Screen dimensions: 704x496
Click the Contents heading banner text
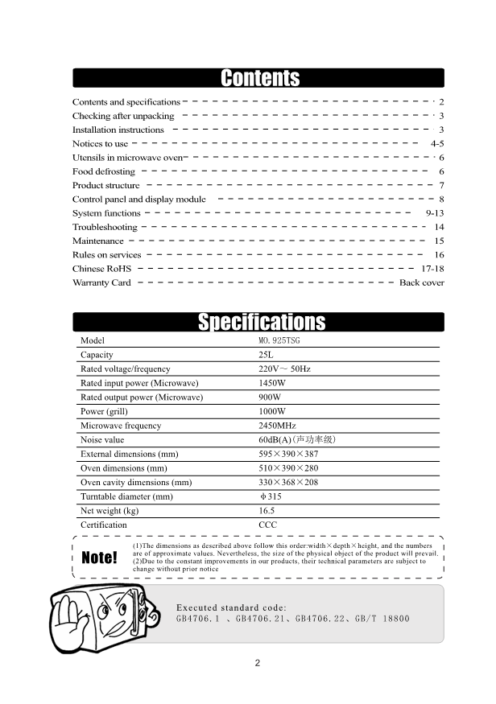259,78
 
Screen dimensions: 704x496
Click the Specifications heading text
262,323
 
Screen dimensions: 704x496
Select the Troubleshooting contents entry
105,228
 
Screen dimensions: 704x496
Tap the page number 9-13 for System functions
434,213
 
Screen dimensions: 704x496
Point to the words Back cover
421,283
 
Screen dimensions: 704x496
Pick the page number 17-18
432,269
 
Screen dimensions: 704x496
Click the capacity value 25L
267,355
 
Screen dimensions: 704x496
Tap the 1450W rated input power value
272,383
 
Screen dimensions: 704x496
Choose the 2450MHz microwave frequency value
277,426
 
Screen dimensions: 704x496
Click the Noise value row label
102,440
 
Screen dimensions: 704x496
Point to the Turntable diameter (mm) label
126,496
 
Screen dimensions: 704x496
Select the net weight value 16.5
267,511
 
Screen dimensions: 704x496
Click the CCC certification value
268,525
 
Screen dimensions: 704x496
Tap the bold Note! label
100,558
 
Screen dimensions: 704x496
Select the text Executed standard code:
232,607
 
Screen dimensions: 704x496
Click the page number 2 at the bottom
258,664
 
